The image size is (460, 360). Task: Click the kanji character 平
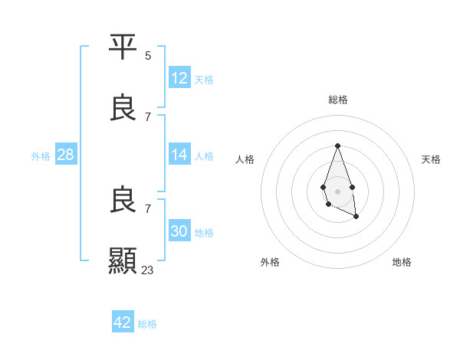point(123,47)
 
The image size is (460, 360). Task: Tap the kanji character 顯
point(123,261)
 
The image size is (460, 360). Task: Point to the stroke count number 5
point(148,55)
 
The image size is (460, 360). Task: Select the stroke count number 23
point(148,270)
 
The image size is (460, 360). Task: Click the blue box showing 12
point(179,78)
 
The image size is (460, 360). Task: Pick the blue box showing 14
point(179,155)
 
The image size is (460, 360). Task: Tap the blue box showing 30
point(179,231)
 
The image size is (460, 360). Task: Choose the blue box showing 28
point(66,155)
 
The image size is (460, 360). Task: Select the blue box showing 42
point(123,322)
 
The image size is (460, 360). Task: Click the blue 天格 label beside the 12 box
point(204,79)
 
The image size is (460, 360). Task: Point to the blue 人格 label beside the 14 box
point(204,155)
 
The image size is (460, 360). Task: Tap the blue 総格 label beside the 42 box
point(147,323)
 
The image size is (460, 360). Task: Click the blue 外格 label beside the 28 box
point(41,155)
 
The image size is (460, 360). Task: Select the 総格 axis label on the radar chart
point(338,100)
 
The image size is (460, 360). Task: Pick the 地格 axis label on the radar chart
point(402,262)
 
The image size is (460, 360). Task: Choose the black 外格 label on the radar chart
point(270,262)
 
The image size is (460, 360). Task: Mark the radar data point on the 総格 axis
point(337,146)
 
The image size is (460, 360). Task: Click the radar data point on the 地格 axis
point(356,217)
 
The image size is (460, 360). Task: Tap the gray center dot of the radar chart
point(337,190)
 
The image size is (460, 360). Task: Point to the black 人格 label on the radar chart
point(245,159)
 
